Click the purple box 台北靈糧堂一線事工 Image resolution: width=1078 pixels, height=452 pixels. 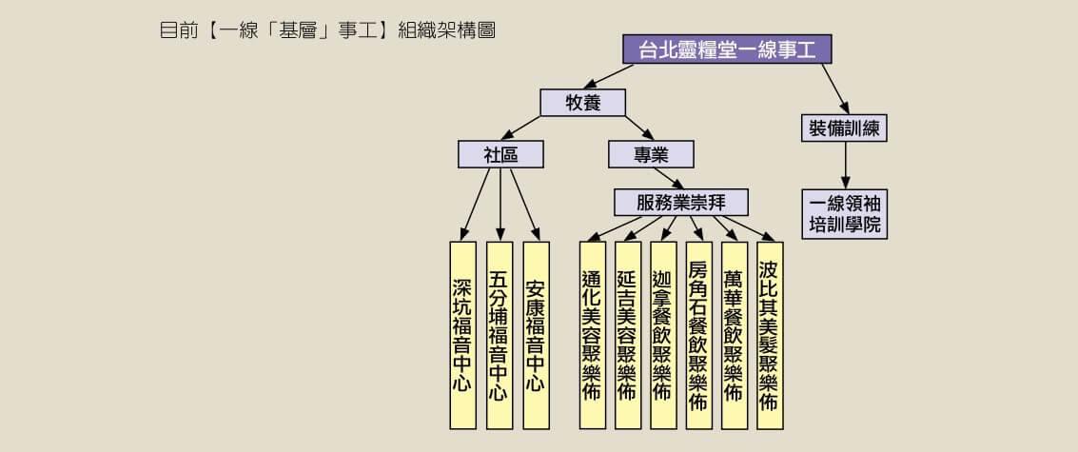[x=727, y=49]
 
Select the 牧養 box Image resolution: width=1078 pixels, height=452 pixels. [x=583, y=103]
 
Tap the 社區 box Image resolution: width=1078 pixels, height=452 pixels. [x=500, y=154]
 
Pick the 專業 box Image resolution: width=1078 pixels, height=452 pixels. [x=651, y=154]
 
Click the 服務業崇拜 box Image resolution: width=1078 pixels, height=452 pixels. [x=681, y=203]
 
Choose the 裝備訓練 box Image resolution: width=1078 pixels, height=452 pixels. [x=844, y=128]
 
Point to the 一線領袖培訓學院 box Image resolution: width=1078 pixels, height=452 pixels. [x=844, y=214]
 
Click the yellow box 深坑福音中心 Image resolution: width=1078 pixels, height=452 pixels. [x=462, y=335]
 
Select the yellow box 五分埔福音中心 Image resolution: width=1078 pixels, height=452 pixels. [x=500, y=335]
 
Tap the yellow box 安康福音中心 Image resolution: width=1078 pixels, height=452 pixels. [x=536, y=335]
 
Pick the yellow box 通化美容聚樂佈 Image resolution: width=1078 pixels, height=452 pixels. [x=593, y=335]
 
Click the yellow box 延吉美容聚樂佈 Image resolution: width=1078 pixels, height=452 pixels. [x=628, y=335]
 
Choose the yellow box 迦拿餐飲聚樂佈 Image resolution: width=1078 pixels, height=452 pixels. [x=663, y=335]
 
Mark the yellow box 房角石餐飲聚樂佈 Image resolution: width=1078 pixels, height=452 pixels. [x=699, y=335]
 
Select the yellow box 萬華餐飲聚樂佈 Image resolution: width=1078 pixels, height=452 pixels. [x=735, y=335]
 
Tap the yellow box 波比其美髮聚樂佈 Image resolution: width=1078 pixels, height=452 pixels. [x=770, y=335]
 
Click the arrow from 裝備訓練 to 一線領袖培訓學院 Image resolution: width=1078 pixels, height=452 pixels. [x=845, y=166]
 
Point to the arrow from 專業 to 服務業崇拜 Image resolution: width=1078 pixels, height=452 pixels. [x=668, y=178]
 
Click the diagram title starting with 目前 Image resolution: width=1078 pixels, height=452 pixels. [x=327, y=31]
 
